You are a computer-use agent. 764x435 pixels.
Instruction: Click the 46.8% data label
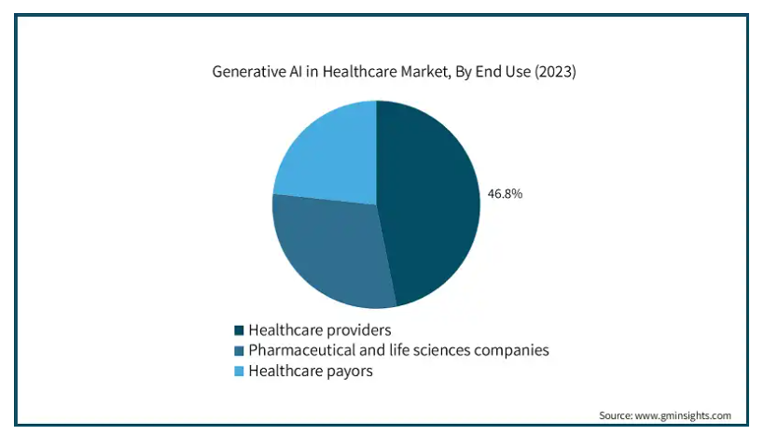(505, 194)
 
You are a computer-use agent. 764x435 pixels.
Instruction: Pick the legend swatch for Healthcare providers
(239, 330)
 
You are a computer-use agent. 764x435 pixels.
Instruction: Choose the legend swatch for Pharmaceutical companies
(239, 351)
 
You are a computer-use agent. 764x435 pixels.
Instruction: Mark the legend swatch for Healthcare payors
(239, 372)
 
